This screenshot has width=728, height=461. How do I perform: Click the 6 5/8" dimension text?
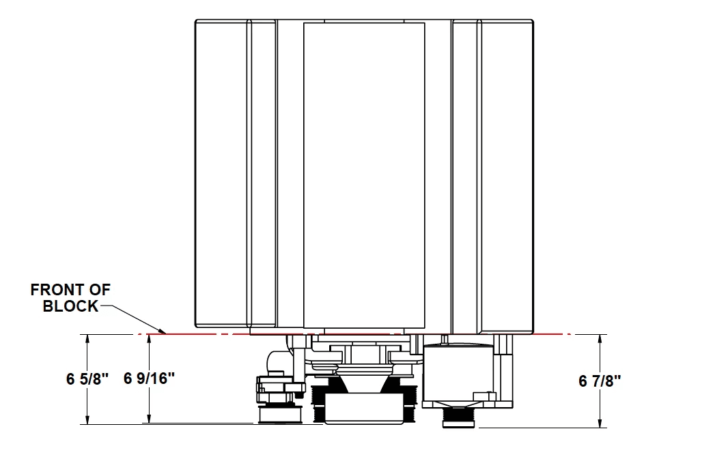tap(87, 379)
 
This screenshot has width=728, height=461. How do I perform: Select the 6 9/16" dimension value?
tap(149, 378)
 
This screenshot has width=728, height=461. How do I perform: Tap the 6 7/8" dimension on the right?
tap(600, 381)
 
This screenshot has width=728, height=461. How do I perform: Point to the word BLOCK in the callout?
tap(70, 306)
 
